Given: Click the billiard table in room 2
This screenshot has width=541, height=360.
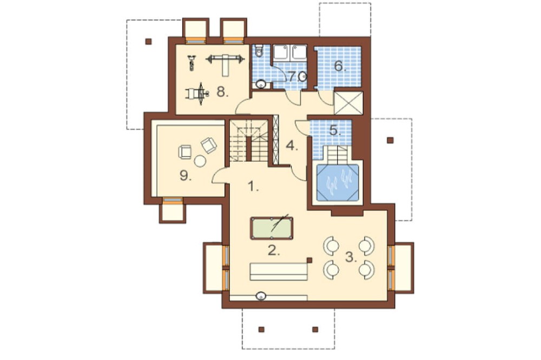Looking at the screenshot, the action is (272, 228).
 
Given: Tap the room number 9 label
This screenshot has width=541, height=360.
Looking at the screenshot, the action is (185, 176).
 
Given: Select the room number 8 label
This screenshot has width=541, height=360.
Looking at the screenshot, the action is (222, 92).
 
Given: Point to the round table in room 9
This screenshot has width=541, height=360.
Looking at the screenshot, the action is (200, 161).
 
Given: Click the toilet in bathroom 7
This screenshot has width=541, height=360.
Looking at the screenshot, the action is (259, 51).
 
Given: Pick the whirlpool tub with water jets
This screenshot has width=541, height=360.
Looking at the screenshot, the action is (338, 183).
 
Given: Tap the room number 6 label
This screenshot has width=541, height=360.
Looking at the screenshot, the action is (340, 66).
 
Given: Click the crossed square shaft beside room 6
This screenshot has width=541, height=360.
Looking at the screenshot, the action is (348, 103).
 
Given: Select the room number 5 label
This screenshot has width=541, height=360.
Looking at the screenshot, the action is (335, 131).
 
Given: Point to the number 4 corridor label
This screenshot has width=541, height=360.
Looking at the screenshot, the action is (292, 146).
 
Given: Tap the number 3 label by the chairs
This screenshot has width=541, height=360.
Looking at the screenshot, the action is (351, 257).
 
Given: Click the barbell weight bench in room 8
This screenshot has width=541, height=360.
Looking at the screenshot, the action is (225, 64).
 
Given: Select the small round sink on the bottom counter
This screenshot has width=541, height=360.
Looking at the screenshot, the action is (261, 296).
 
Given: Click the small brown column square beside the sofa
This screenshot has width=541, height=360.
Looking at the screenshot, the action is (309, 261).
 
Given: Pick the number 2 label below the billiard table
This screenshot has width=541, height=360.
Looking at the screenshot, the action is (274, 251).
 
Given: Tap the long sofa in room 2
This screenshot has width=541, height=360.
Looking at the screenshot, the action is (279, 271).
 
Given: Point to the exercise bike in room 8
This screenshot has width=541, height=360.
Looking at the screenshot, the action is (192, 63).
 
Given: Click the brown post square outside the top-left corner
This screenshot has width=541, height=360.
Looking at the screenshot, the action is (148, 42).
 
